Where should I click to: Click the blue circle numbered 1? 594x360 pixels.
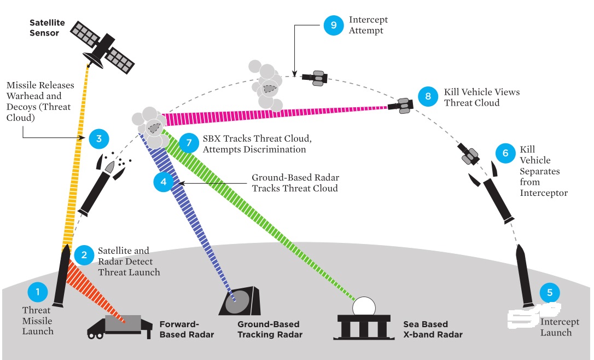[38, 292]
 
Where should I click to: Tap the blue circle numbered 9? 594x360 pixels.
[333, 25]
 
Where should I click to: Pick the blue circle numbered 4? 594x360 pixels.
[164, 182]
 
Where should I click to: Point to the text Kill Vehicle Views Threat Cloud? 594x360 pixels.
[481, 97]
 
